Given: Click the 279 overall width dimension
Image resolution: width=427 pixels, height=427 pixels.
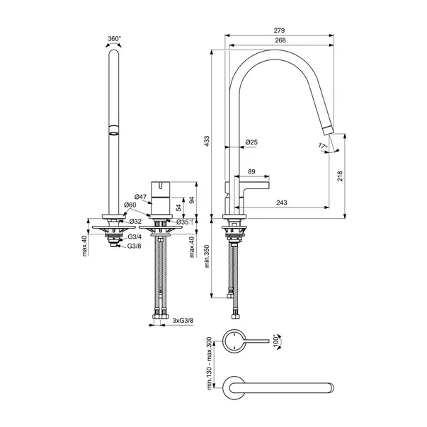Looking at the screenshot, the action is click(x=280, y=30).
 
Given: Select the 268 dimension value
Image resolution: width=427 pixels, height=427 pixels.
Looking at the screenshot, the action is click(x=280, y=40).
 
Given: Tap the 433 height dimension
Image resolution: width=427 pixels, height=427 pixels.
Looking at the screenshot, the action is click(x=207, y=142).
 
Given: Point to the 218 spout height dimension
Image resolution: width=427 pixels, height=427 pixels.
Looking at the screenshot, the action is click(x=340, y=176).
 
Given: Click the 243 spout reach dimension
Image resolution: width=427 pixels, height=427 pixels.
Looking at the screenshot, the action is click(x=282, y=203).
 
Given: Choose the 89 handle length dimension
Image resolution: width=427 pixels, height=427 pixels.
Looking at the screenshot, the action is click(x=251, y=171).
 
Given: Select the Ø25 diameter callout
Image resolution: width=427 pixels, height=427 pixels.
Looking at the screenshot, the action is click(x=251, y=142).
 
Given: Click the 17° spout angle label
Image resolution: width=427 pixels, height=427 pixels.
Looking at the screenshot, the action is click(x=323, y=146).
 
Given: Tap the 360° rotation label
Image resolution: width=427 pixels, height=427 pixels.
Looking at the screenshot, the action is click(x=114, y=39).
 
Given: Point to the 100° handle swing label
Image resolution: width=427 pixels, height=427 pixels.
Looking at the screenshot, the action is click(x=277, y=341).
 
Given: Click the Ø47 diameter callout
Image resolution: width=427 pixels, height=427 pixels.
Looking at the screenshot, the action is click(x=140, y=197).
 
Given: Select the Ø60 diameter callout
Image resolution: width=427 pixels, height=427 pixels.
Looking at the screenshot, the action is click(x=130, y=205).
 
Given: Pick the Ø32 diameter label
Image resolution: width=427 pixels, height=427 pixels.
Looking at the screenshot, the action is click(x=135, y=221).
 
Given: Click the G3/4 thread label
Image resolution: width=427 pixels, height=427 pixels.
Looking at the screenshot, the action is click(x=135, y=237).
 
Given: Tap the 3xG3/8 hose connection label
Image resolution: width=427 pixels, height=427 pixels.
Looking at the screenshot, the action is click(x=183, y=321).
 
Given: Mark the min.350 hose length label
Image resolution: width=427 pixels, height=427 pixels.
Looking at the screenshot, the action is click(x=207, y=256).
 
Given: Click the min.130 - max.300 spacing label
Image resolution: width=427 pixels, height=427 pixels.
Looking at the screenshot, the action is click(x=209, y=363).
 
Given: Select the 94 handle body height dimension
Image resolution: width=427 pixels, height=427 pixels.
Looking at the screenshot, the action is click(x=192, y=200).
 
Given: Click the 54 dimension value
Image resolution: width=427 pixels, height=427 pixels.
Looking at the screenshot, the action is click(x=178, y=207).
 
